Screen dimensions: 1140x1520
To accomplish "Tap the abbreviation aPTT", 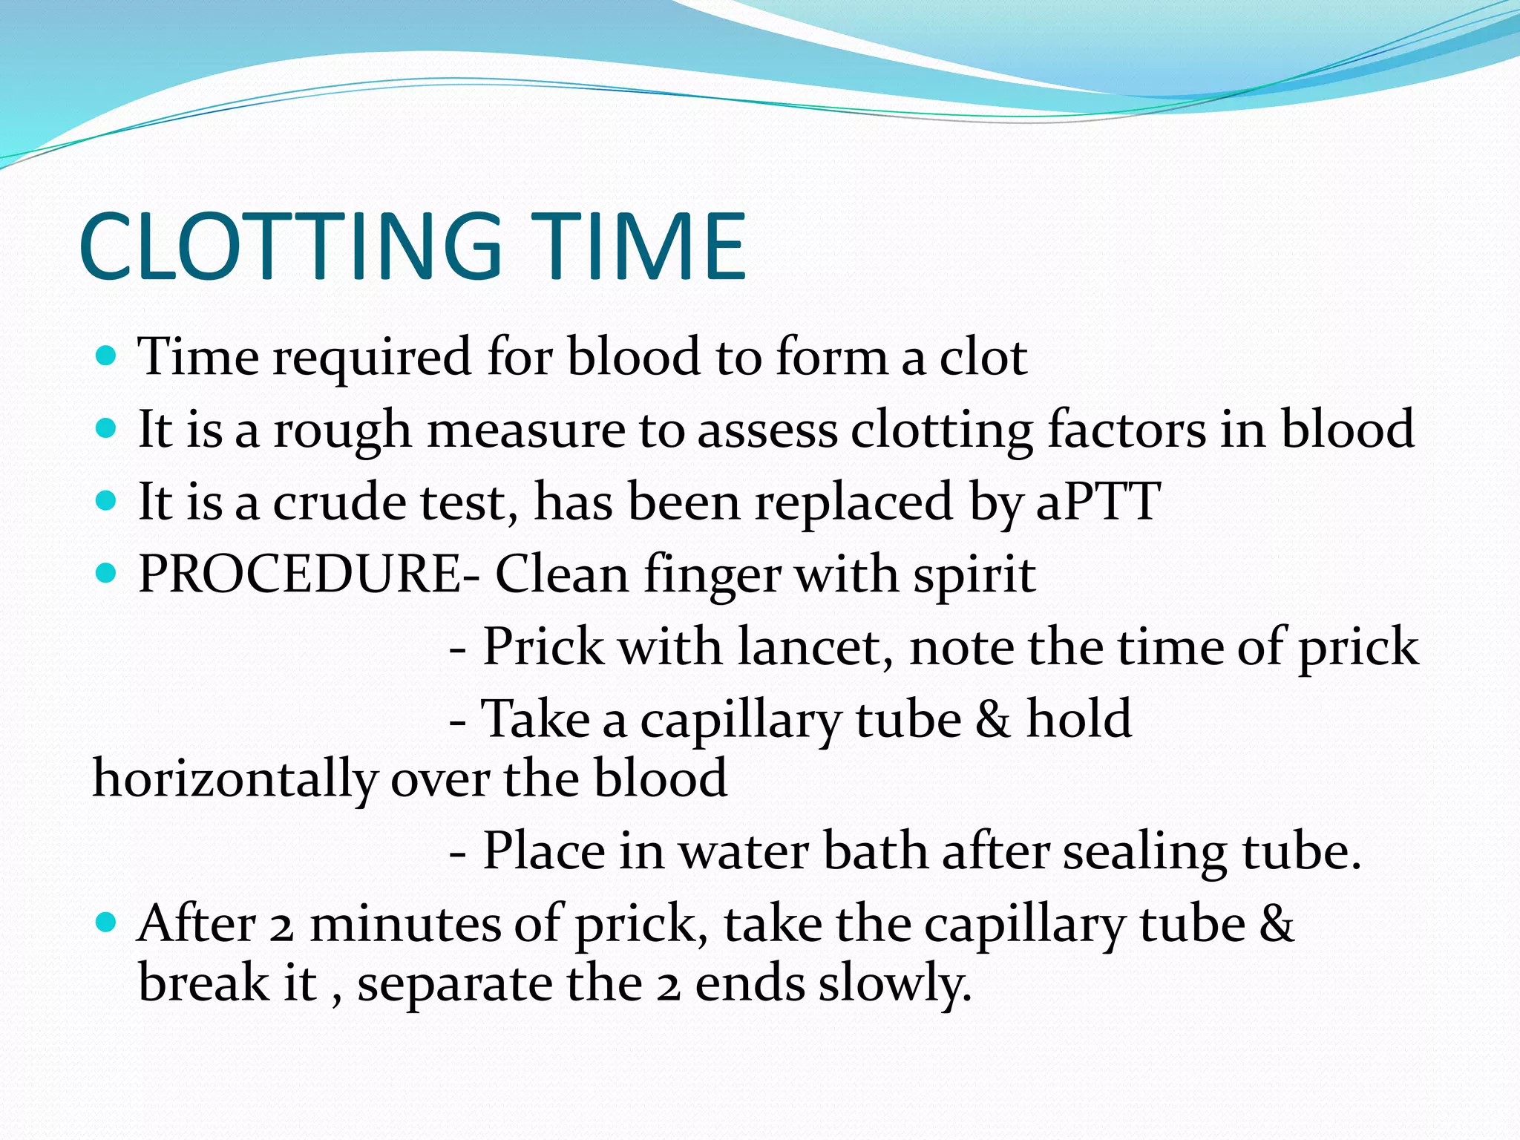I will tap(1098, 502).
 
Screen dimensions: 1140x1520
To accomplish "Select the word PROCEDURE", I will tap(301, 574).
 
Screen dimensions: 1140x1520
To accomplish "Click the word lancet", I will tap(816, 646).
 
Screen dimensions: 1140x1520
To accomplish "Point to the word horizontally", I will tap(235, 779).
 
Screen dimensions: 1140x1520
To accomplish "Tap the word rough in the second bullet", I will tap(342, 430).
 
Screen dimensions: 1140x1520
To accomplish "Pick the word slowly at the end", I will tap(894, 984).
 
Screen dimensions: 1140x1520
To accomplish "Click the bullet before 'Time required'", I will tap(107, 356).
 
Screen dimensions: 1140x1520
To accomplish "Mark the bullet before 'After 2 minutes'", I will tap(107, 923).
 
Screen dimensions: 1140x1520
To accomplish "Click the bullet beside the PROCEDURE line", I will tap(107, 574).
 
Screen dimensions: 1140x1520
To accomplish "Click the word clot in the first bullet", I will tap(983, 356).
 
